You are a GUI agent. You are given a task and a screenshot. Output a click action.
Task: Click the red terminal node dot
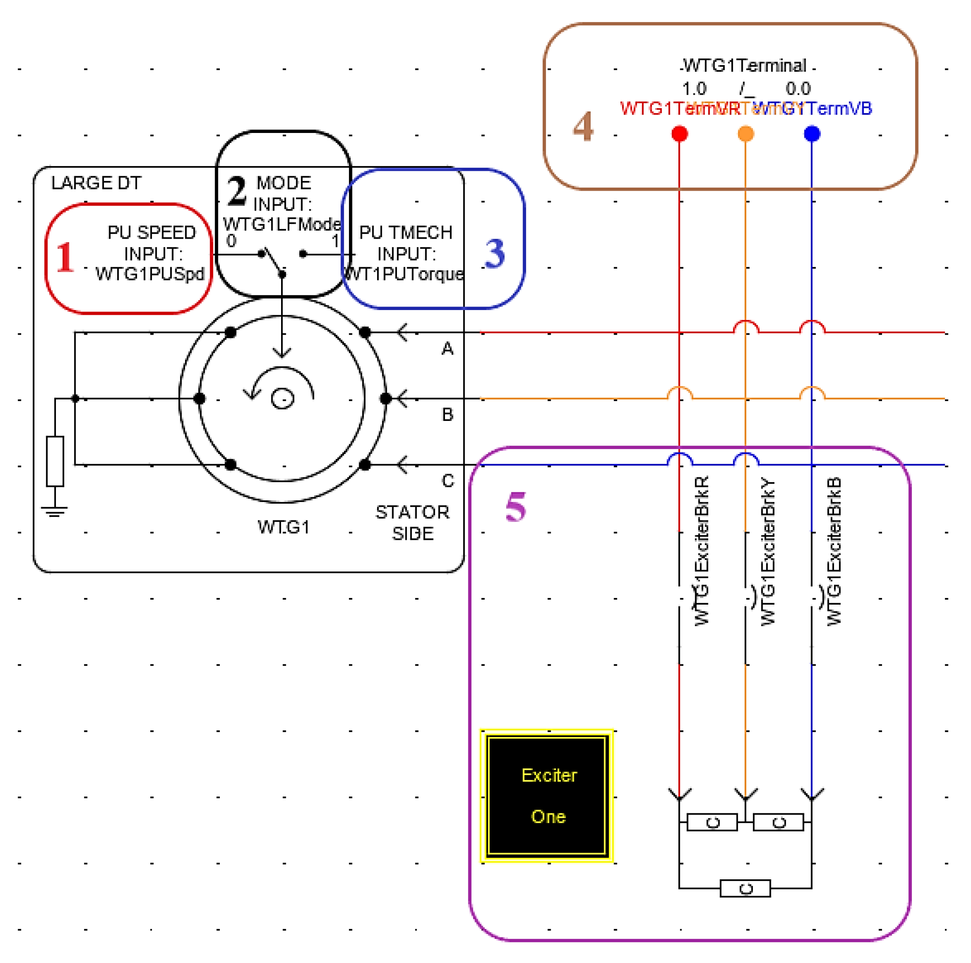click(679, 133)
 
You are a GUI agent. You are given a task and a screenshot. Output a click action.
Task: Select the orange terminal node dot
click(745, 133)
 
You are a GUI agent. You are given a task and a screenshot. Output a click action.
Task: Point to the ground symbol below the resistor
click(55, 511)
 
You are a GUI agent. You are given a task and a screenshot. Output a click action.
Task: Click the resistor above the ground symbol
click(55, 461)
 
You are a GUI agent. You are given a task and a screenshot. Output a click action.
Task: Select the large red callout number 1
click(65, 257)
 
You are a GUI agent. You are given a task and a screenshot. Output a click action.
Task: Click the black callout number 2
click(236, 191)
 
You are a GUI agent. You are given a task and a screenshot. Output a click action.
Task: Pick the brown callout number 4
click(583, 126)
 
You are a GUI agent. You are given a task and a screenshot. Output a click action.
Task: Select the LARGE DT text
click(96, 183)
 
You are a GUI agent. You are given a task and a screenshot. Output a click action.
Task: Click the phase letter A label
click(447, 348)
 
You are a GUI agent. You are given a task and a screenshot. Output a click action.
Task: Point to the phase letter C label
click(448, 481)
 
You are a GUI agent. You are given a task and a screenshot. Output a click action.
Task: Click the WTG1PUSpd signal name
click(150, 274)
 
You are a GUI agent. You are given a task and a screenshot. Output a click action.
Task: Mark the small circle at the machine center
click(282, 399)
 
